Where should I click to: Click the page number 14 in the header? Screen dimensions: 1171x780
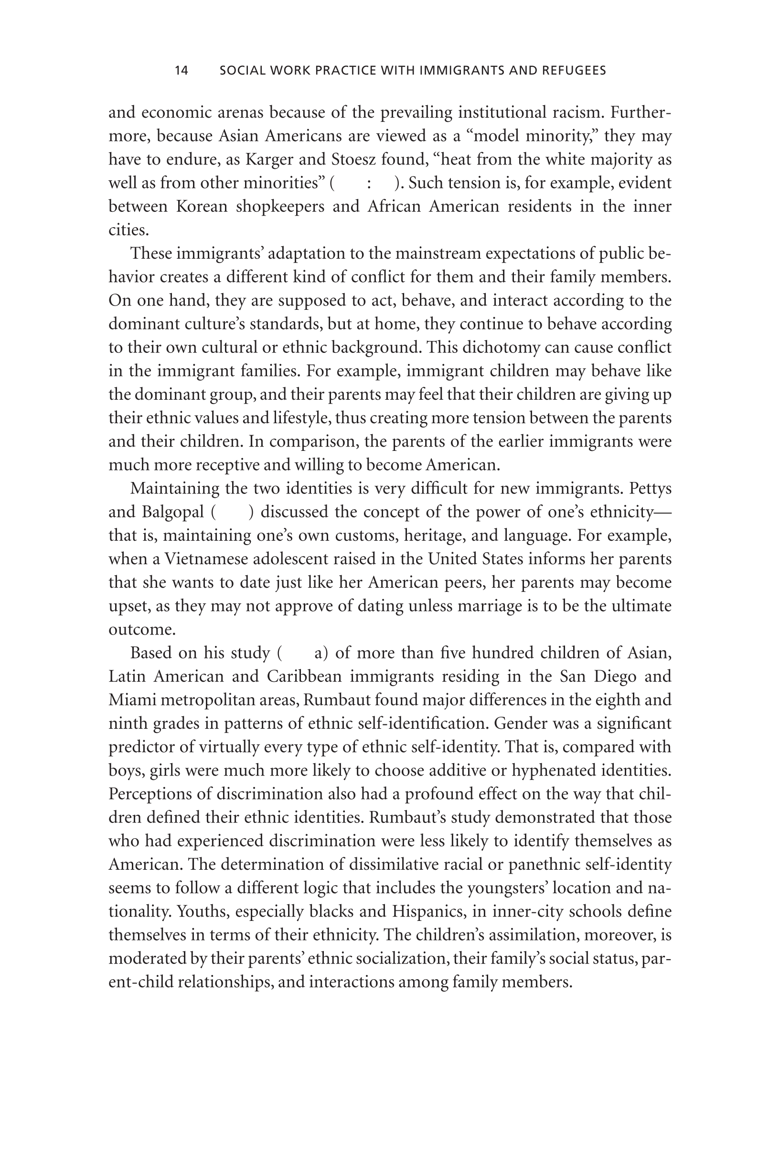pos(182,71)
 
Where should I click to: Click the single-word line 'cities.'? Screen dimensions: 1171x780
pos(128,230)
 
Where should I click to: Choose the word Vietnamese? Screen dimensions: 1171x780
pos(206,559)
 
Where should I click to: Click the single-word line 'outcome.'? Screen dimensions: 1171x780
pos(142,630)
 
